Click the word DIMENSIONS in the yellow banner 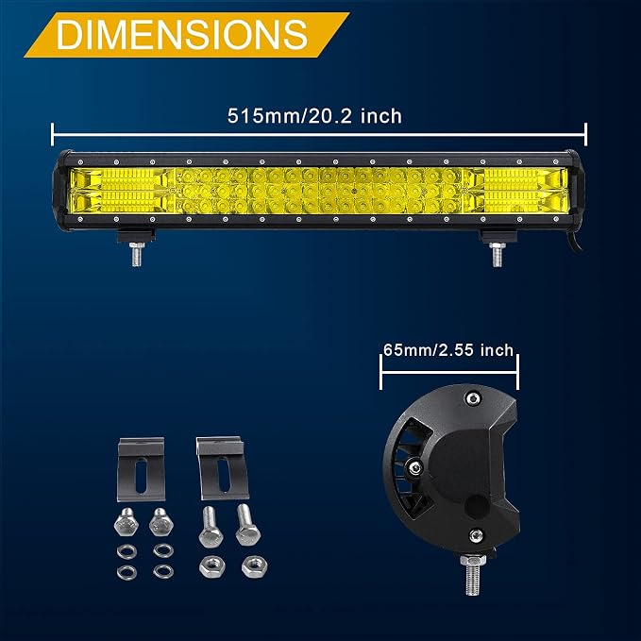click(x=182, y=34)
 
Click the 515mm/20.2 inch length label click(x=314, y=116)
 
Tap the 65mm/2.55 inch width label click(x=448, y=350)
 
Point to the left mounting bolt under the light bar click(x=137, y=254)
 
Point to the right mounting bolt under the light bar click(x=497, y=254)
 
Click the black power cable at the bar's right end click(x=574, y=243)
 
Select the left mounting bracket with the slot click(x=142, y=469)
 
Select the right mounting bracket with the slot click(x=223, y=468)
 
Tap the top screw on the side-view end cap click(x=473, y=397)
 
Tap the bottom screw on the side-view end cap click(x=476, y=535)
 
